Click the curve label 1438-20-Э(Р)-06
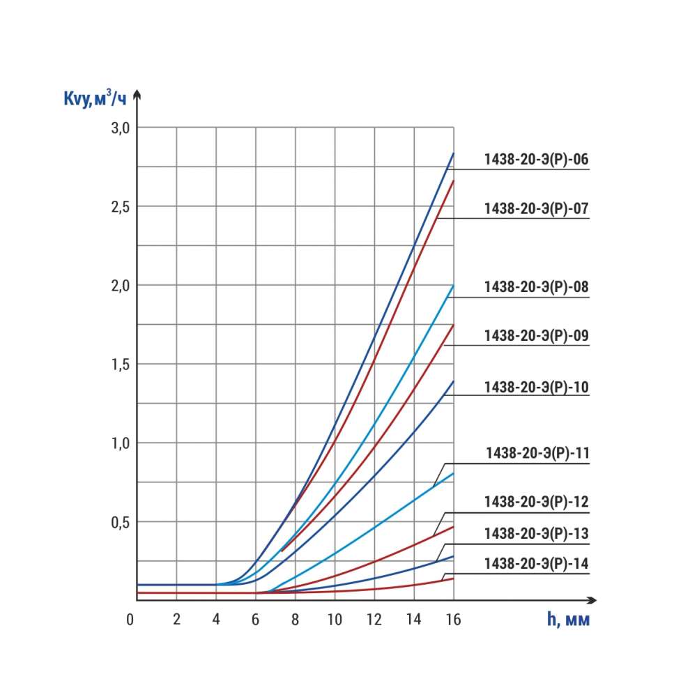[537, 159]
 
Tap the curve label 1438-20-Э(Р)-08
[537, 286]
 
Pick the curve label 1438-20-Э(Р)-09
[537, 335]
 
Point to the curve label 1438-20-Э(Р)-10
[537, 386]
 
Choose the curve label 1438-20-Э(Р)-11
[537, 454]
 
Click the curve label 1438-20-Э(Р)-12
[537, 502]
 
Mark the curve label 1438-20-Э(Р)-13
[537, 534]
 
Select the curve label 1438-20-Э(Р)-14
[537, 563]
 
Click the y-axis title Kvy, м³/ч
[95, 100]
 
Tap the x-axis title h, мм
[568, 620]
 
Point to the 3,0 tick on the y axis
[121, 128]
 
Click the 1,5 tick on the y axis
[121, 364]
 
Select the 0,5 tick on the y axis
[121, 521]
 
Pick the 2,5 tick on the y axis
[121, 206]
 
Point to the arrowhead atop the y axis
[137, 94]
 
